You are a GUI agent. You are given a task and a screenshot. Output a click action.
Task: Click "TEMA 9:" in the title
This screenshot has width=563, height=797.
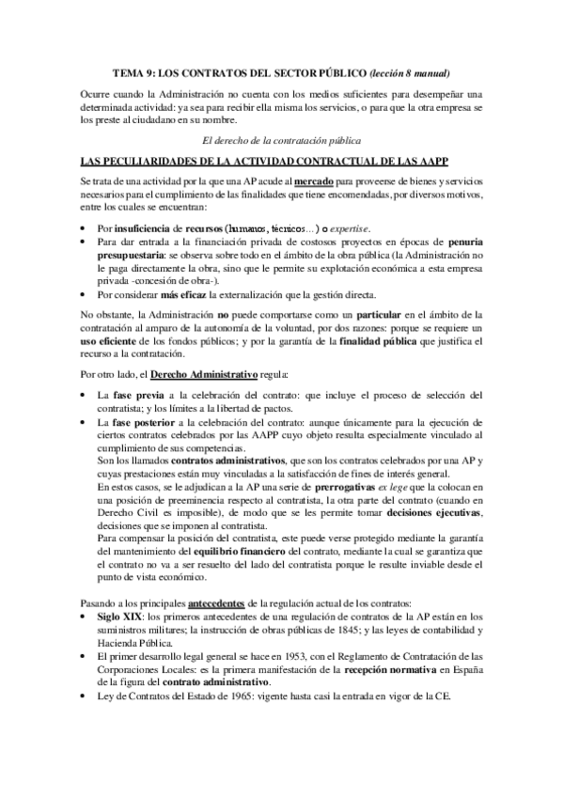(133, 72)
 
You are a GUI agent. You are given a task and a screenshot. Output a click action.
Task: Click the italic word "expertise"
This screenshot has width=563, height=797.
(344, 228)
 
